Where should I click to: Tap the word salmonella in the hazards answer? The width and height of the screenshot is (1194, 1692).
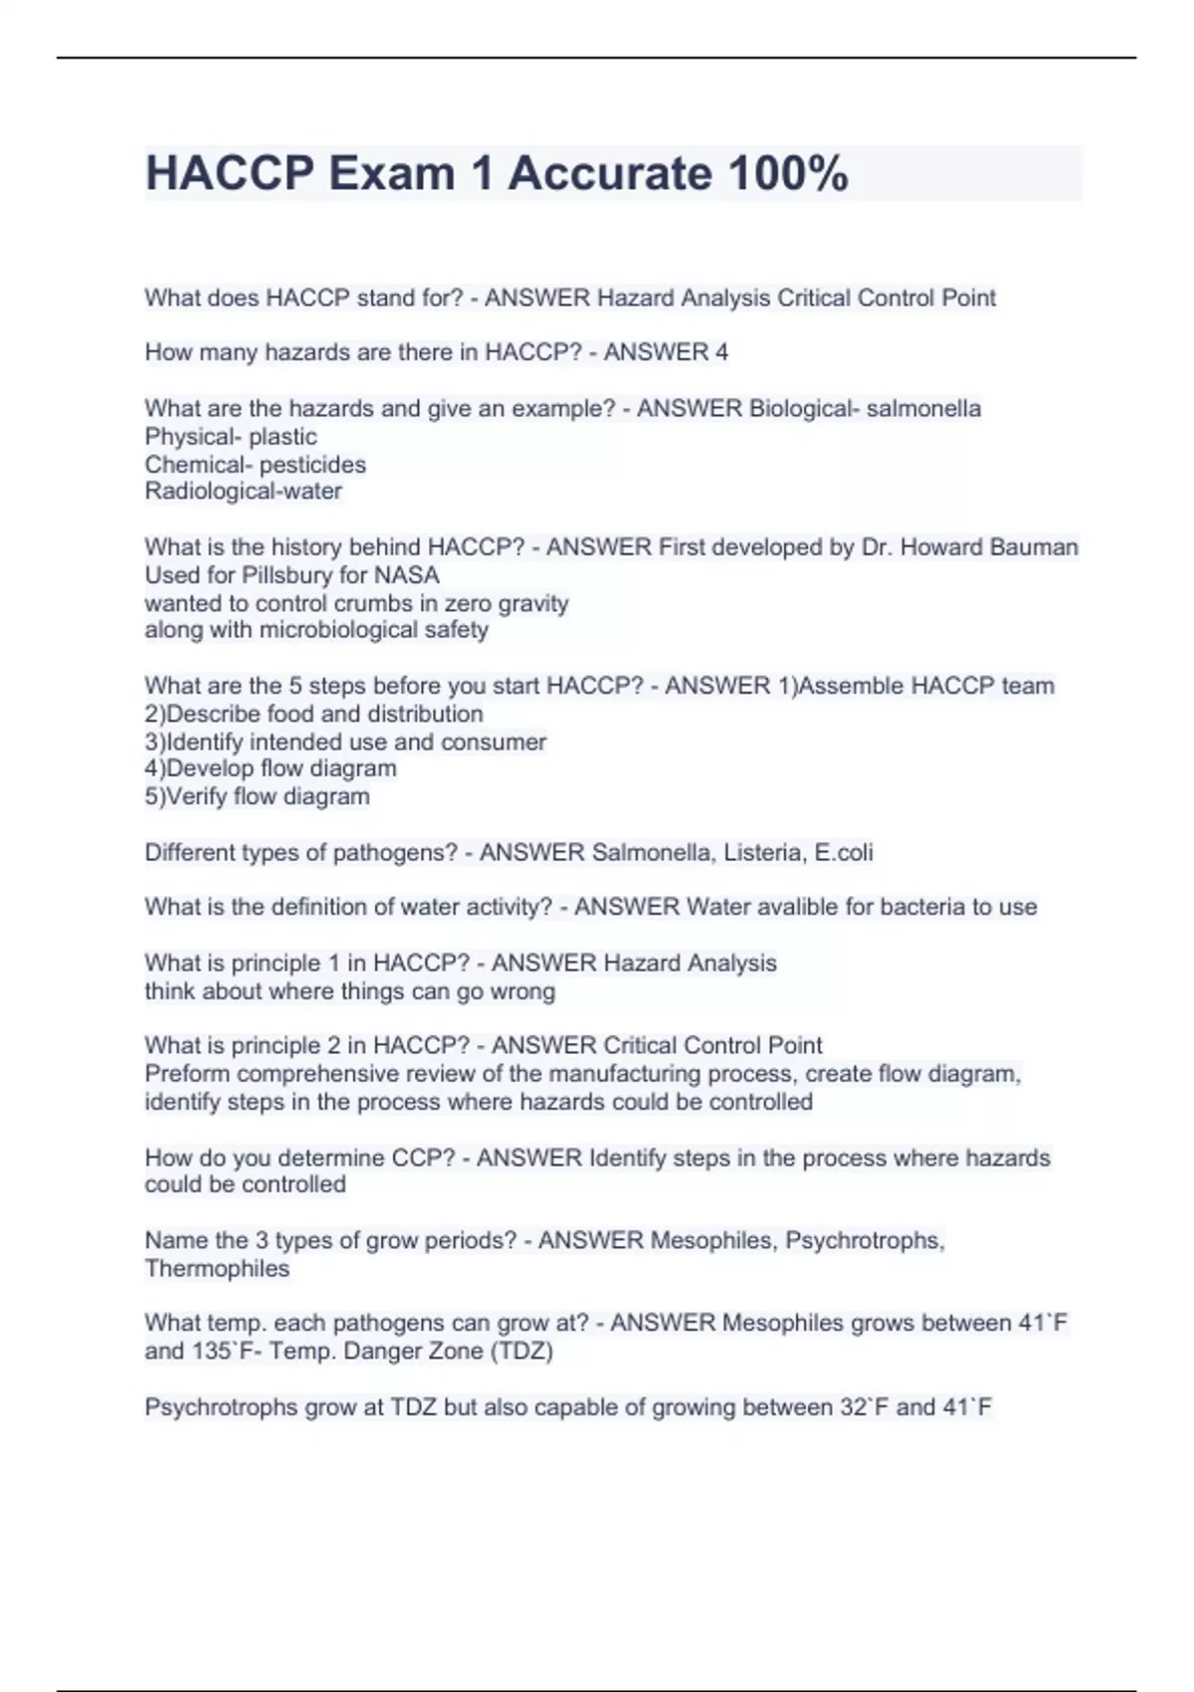923,408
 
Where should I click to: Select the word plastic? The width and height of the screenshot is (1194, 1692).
283,436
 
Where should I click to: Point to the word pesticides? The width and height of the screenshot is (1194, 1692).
312,464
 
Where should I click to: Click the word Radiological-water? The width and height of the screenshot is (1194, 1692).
243,491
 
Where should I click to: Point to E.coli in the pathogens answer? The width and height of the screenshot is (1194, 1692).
843,852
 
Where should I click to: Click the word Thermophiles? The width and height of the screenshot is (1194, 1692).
217,1268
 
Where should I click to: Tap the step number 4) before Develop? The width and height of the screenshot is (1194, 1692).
155,768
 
